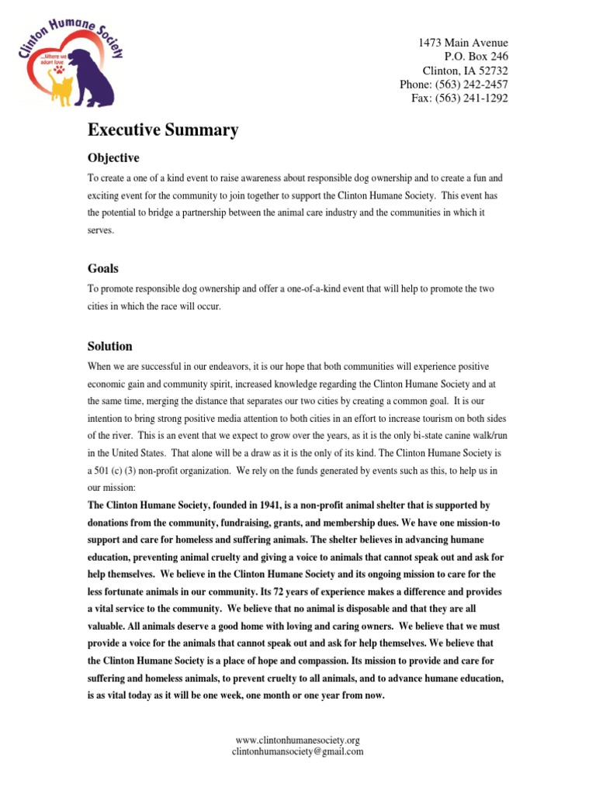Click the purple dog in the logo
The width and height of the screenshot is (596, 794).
(94, 78)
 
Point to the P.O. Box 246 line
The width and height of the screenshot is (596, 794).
(476, 57)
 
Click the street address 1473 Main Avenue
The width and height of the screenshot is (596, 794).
(463, 43)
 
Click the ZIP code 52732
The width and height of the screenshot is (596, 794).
(493, 71)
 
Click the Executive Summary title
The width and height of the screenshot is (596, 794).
(163, 130)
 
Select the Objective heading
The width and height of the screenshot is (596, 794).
(113, 158)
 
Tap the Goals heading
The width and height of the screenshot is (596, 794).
(103, 268)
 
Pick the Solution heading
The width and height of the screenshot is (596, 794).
(110, 347)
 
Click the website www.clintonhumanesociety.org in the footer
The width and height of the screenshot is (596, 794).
(298, 740)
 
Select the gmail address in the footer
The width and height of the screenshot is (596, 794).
(298, 751)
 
